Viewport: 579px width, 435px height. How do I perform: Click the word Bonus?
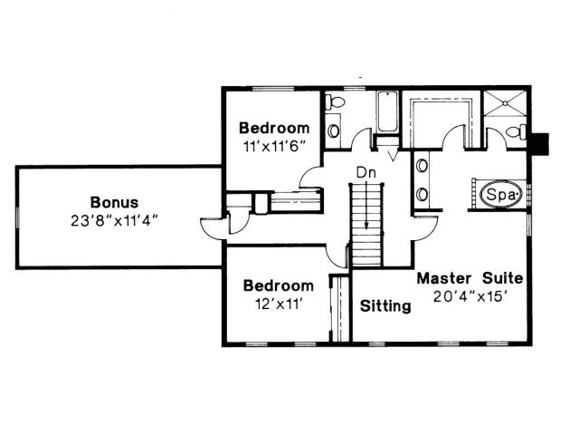pyautogui.click(x=115, y=202)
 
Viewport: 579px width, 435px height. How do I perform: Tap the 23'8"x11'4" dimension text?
pyautogui.click(x=115, y=221)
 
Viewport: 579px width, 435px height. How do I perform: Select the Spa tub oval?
pyautogui.click(x=501, y=194)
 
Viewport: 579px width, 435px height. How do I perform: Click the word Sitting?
pyautogui.click(x=385, y=306)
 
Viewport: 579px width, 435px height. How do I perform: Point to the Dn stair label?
pyautogui.click(x=365, y=173)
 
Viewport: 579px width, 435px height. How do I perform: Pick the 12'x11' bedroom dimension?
pyautogui.click(x=279, y=304)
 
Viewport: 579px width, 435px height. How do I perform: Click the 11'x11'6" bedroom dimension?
pyautogui.click(x=275, y=147)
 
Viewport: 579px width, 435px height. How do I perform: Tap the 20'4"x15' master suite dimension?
pyautogui.click(x=469, y=296)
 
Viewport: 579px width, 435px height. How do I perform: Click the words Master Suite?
pyautogui.click(x=470, y=278)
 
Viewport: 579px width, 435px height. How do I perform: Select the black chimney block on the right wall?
pyautogui.click(x=539, y=143)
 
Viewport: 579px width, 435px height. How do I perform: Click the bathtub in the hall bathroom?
pyautogui.click(x=387, y=111)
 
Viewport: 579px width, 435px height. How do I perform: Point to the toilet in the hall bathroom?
pyautogui.click(x=335, y=101)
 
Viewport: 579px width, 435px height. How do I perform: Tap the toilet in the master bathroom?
pyautogui.click(x=516, y=131)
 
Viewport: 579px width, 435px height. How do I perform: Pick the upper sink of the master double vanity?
pyautogui.click(x=422, y=165)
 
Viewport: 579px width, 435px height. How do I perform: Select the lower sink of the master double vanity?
pyautogui.click(x=422, y=194)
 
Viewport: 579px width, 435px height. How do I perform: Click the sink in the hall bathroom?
pyautogui.click(x=333, y=130)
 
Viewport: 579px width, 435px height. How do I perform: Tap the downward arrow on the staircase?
pyautogui.click(x=366, y=204)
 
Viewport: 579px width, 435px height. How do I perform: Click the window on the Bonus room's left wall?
pyautogui.click(x=16, y=217)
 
